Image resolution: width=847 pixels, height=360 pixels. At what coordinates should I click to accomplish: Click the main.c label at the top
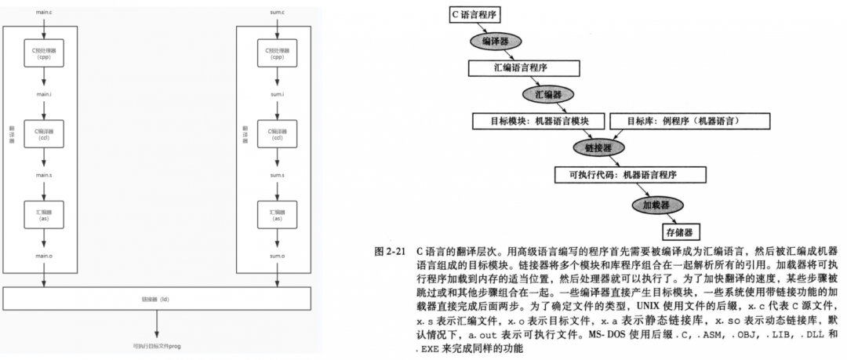click(x=45, y=13)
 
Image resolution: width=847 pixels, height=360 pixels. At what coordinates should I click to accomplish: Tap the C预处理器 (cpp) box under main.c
click(x=45, y=54)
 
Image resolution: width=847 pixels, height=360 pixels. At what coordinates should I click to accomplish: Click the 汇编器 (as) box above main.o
click(x=45, y=214)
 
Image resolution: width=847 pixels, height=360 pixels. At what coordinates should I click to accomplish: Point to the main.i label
click(x=45, y=94)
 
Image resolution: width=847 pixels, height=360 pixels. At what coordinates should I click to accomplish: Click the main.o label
click(x=45, y=255)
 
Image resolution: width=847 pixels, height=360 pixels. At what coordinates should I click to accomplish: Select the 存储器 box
click(x=680, y=231)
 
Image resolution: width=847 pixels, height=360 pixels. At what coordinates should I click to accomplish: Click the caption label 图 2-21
click(x=390, y=252)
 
